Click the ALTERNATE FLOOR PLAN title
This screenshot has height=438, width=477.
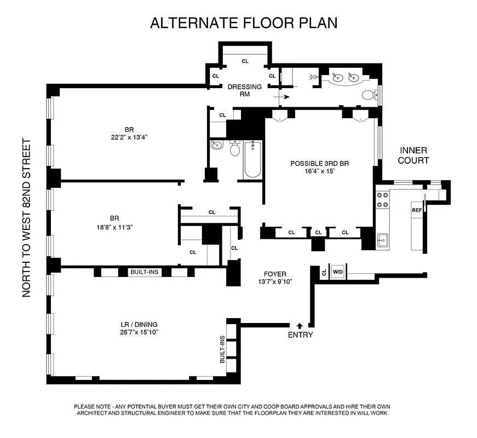244,23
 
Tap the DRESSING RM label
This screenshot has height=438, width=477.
245,90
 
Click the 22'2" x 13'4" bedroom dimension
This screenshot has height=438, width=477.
129,137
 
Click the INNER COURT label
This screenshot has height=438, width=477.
413,155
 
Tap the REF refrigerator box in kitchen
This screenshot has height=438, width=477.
417,210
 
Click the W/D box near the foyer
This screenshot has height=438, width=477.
337,272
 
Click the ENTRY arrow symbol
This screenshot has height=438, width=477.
300,326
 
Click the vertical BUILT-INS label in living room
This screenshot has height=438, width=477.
222,349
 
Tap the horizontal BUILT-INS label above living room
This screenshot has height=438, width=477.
145,272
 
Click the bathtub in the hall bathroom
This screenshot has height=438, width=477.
252,159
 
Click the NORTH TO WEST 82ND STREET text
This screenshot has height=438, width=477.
26,218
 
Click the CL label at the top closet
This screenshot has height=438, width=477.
245,61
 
